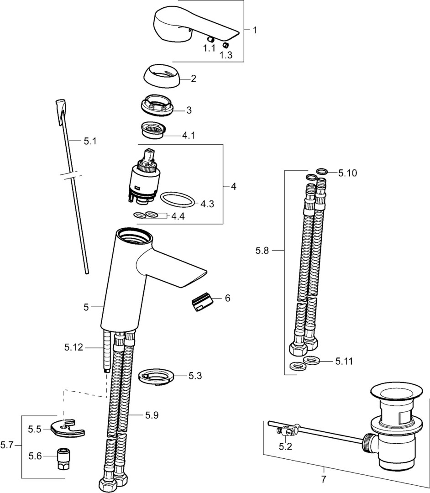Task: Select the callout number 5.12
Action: [74, 348]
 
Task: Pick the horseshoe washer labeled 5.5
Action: [69, 428]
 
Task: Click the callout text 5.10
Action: [347, 173]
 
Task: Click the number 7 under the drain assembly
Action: [324, 479]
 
